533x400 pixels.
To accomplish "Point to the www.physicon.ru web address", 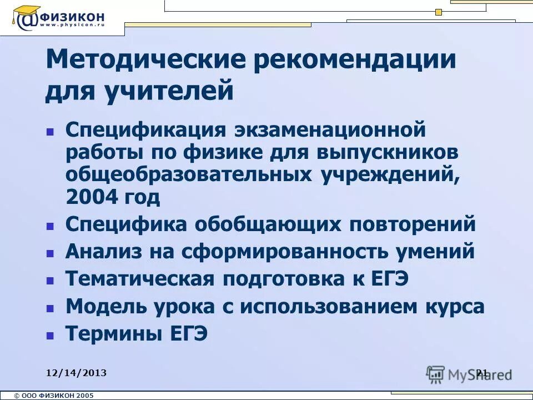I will click(72, 26).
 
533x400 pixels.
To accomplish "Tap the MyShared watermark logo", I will click(469, 374).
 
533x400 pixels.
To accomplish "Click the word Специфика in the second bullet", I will click(127, 224).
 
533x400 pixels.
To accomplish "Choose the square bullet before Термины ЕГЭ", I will click(50, 336).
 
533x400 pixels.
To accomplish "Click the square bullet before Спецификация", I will click(50, 132).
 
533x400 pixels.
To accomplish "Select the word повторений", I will click(413, 224).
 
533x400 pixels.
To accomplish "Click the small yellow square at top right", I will click(439, 12).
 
